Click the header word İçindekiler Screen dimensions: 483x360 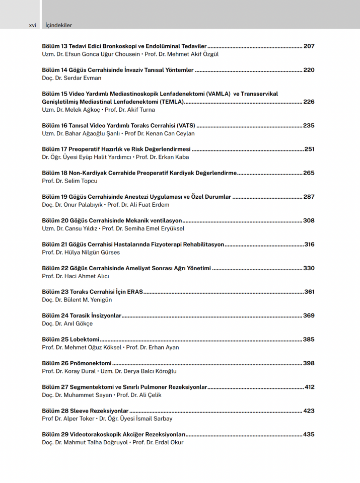[59, 25]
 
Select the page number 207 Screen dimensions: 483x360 [309, 46]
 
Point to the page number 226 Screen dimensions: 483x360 [309, 102]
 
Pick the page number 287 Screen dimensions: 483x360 [309, 197]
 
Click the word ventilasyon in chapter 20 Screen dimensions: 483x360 [165, 221]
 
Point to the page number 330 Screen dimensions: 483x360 [309, 269]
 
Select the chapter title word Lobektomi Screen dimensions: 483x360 [84, 340]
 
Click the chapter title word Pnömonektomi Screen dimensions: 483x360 [91, 364]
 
